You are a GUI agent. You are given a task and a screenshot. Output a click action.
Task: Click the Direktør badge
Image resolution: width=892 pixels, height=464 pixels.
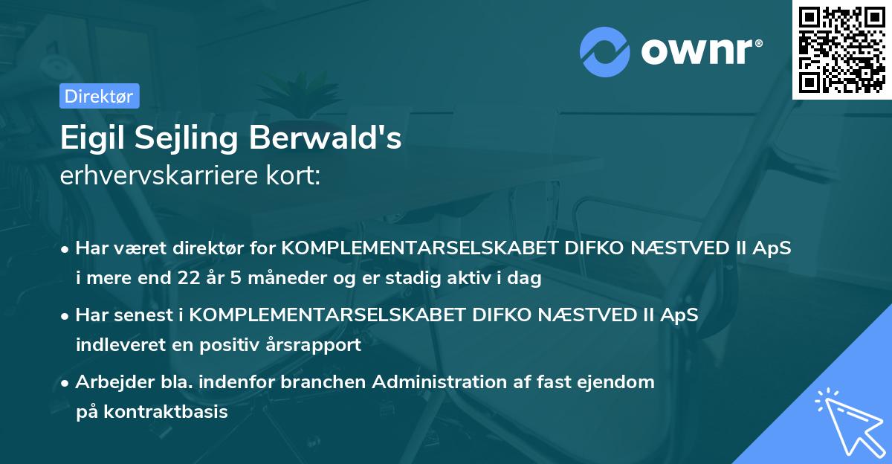(x=99, y=96)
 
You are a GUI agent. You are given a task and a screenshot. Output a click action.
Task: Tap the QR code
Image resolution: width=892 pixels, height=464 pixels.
(x=841, y=49)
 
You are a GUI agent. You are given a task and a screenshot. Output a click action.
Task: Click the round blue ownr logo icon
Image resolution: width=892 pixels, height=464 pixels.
(x=605, y=51)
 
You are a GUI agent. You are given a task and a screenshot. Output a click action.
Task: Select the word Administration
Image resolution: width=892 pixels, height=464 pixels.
(x=442, y=382)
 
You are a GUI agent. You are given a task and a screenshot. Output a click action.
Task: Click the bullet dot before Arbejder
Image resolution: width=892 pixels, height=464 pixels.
(x=66, y=383)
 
